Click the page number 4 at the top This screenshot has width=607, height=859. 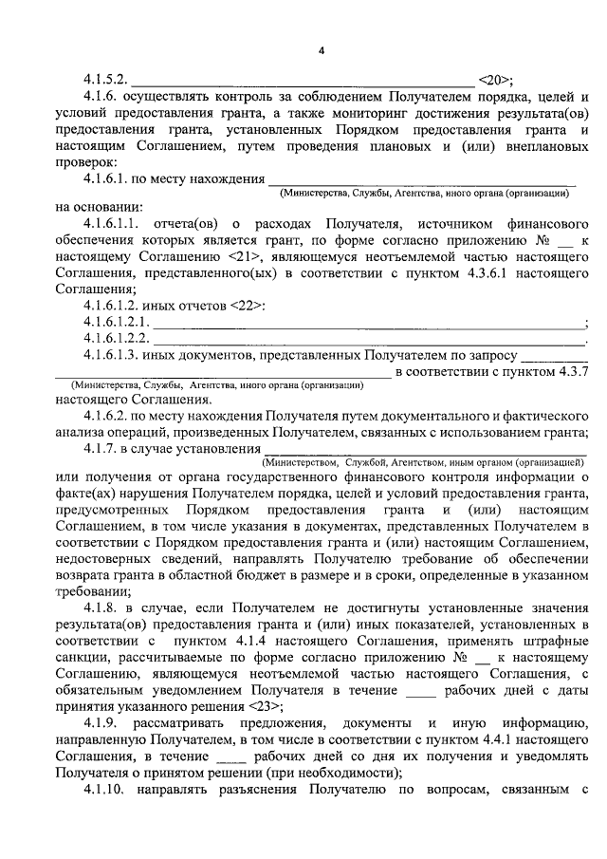pyautogui.click(x=320, y=49)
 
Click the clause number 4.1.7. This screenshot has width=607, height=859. pyautogui.click(x=105, y=448)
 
